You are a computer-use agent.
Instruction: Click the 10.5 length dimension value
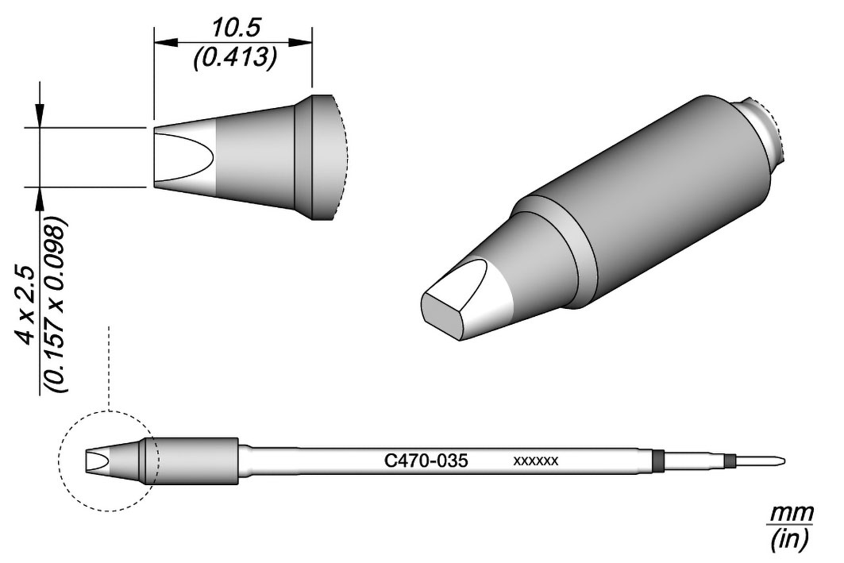pos(234,27)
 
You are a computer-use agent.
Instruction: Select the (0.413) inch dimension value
pos(235,56)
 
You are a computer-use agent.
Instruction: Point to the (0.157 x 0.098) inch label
pos(56,304)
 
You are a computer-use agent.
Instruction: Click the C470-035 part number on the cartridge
pos(426,461)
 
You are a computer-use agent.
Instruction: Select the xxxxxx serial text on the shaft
pos(536,461)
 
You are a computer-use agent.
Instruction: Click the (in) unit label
pos(789,539)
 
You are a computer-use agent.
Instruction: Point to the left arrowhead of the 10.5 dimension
pos(165,43)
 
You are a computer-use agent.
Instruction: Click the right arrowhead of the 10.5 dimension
pos(300,43)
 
